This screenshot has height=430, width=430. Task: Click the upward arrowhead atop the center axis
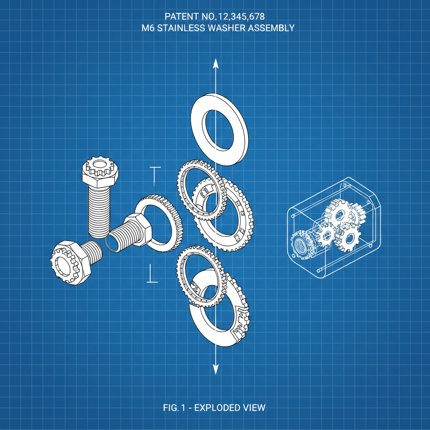tap(215, 64)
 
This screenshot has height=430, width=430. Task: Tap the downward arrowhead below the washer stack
tap(215, 369)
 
